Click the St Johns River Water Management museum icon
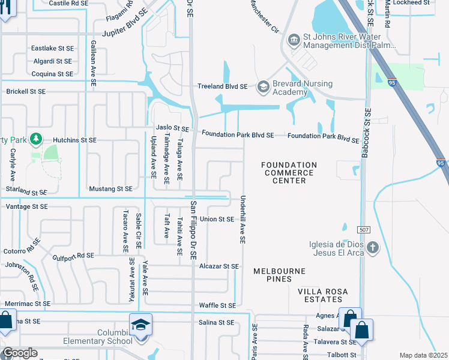[x=294, y=40]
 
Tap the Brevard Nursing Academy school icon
[x=263, y=87]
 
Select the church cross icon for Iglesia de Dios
[x=373, y=248]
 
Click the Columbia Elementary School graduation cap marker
[x=140, y=326]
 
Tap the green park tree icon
[x=37, y=140]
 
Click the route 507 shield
[x=364, y=230]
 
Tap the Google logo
[x=19, y=353]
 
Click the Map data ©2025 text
[x=423, y=355]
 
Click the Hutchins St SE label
[x=74, y=140]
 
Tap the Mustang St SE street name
[x=110, y=188]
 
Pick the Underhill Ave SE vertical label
[x=243, y=219]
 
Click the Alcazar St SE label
[x=219, y=266]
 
